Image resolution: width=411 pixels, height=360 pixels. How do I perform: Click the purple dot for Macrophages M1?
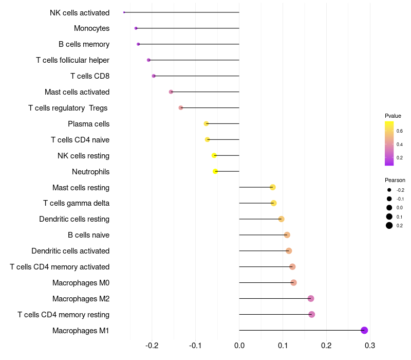click(364, 330)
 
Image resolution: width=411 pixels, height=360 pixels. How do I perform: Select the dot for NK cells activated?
click(124, 12)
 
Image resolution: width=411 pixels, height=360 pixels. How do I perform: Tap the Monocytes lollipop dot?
click(136, 28)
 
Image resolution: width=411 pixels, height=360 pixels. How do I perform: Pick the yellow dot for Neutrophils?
click(215, 171)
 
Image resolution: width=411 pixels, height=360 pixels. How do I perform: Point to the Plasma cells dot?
click(207, 123)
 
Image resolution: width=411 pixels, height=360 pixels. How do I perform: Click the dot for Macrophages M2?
click(311, 298)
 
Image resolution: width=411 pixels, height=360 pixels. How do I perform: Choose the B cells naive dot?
click(287, 235)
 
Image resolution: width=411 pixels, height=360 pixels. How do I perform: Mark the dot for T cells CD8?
click(154, 76)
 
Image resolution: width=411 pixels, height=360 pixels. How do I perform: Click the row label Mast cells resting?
click(81, 188)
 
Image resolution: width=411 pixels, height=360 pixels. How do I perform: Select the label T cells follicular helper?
click(72, 60)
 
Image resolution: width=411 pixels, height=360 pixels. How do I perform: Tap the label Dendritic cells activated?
click(70, 251)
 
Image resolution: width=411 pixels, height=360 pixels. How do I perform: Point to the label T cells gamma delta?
click(76, 203)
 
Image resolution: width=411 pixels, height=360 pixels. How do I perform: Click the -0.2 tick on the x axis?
click(152, 346)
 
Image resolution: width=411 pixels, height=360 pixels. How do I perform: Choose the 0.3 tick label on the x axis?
click(370, 346)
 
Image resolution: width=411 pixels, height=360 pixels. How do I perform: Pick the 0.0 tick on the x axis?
click(239, 346)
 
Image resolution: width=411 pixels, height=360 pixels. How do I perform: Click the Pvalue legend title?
click(393, 116)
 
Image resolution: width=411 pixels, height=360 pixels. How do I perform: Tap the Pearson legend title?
click(395, 180)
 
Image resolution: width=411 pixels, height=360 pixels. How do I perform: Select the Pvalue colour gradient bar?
click(389, 143)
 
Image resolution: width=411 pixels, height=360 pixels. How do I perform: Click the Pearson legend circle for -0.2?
click(389, 190)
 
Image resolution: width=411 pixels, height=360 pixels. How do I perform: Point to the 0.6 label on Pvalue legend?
click(400, 131)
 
